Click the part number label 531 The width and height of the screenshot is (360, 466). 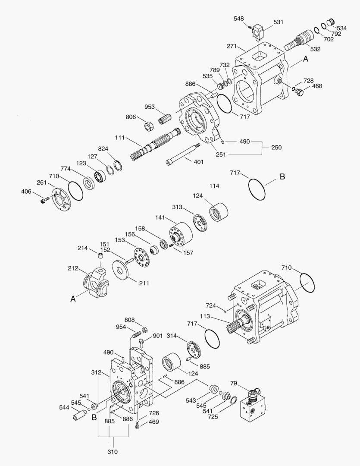(x=278, y=22)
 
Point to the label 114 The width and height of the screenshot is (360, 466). (x=214, y=186)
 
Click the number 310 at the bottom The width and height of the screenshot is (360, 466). (x=113, y=452)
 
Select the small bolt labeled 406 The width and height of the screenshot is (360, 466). (x=43, y=200)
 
